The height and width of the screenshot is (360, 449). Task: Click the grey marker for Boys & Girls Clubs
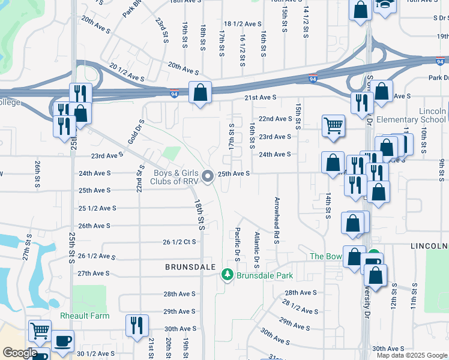pyautogui.click(x=208, y=176)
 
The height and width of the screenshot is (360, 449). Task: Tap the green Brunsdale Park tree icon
pyautogui.click(x=227, y=275)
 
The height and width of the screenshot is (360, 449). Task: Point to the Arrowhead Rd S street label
pyautogui.click(x=277, y=220)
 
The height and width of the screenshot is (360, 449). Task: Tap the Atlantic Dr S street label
pyautogui.click(x=256, y=250)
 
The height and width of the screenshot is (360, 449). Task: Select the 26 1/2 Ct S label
pyautogui.click(x=180, y=242)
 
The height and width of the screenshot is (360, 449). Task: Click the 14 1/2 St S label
pyautogui.click(x=306, y=20)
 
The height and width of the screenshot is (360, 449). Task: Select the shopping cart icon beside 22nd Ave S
pyautogui.click(x=333, y=126)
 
